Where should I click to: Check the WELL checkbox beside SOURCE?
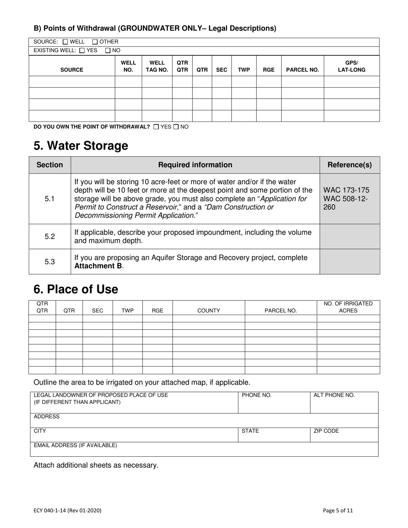click(65, 42)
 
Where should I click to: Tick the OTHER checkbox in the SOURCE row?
click(95, 42)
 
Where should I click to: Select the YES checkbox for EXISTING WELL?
click(82, 51)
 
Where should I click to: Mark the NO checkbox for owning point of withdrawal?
click(176, 127)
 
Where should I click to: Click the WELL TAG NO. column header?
click(157, 66)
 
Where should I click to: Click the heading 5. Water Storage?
click(81, 146)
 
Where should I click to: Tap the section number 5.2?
click(50, 237)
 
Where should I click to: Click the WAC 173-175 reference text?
click(346, 190)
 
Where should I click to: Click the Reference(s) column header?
click(350, 165)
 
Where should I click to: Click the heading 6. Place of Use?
click(76, 289)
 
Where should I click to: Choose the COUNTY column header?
click(208, 311)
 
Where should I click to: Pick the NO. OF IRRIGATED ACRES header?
click(348, 307)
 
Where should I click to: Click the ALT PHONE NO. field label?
click(334, 395)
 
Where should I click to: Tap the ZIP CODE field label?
click(326, 431)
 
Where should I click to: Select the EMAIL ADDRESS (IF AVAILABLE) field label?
click(75, 446)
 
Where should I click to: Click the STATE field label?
click(250, 431)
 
